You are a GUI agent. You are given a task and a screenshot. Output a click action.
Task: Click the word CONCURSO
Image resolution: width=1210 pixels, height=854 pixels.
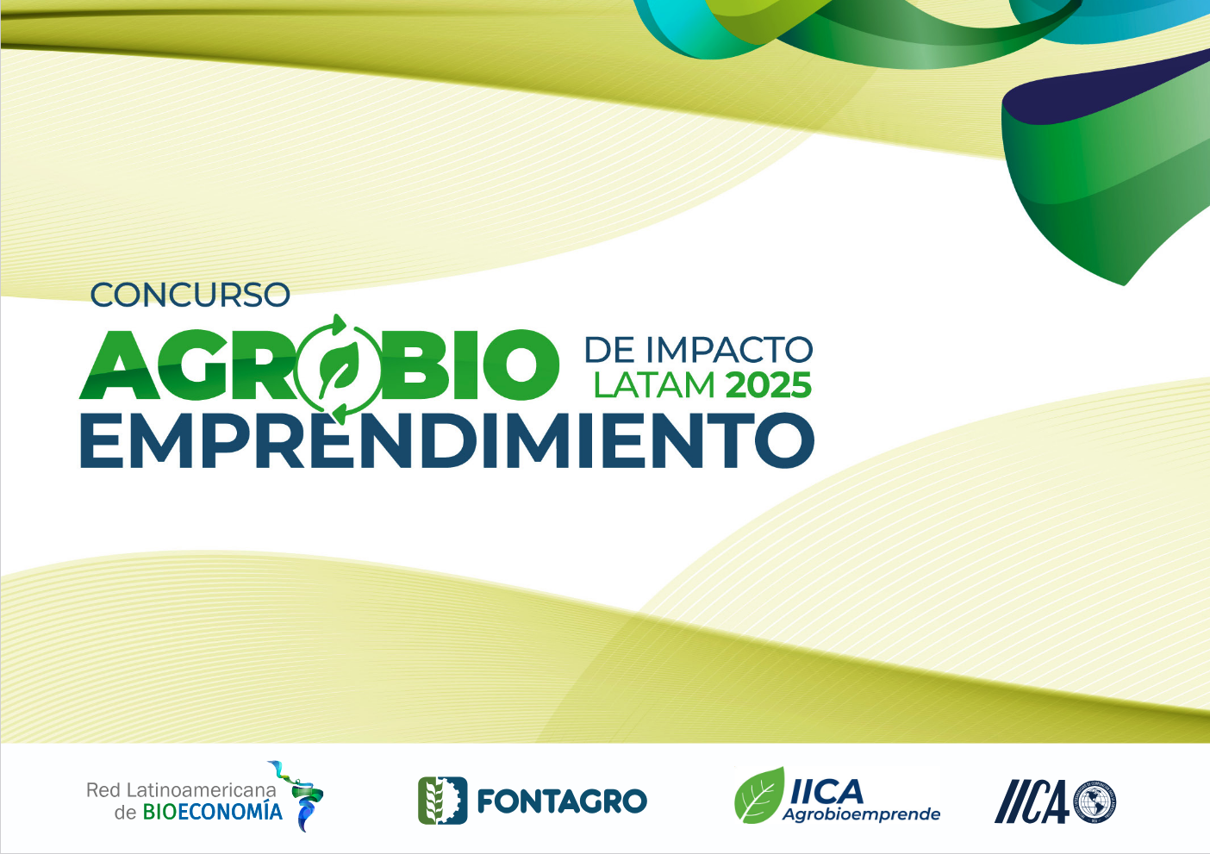190,295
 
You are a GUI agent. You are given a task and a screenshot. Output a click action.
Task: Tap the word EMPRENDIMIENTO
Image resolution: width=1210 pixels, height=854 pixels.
447,440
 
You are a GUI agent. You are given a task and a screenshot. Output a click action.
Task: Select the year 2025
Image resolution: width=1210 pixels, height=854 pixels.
769,384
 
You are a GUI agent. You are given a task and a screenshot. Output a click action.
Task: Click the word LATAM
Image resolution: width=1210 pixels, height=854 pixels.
654,384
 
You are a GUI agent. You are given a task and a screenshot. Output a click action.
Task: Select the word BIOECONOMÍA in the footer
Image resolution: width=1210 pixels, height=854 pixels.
212,812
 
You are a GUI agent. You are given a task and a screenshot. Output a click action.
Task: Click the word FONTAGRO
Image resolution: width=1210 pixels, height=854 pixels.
562,801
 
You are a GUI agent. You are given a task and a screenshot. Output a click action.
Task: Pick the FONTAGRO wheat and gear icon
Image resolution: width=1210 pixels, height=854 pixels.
442,801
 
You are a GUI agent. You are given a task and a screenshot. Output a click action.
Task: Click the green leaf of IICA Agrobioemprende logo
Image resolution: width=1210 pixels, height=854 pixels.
759,795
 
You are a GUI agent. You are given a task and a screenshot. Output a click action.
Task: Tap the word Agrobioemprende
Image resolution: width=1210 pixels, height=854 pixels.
861,814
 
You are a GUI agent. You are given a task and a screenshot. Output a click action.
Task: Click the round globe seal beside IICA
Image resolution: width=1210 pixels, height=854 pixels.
1095,802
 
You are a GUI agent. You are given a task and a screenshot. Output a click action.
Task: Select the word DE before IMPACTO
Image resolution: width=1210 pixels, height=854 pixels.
609,350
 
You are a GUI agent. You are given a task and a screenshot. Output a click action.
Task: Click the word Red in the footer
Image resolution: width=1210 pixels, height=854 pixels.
103,790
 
